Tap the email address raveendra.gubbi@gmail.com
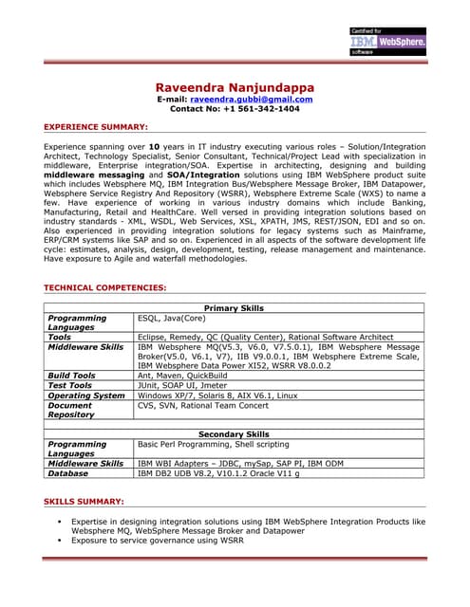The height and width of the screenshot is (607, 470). tap(252, 99)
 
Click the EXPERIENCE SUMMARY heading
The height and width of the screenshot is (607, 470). tap(96, 126)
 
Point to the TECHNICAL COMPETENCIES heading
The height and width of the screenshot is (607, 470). tap(105, 287)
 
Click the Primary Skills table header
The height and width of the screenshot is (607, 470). tap(234, 308)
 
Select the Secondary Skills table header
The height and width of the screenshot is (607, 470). tap(234, 433)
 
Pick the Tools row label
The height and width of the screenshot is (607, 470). tap(59, 337)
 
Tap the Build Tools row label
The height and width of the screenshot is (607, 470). tap(71, 376)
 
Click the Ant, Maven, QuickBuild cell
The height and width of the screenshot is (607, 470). tap(185, 376)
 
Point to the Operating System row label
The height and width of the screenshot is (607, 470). tap(85, 395)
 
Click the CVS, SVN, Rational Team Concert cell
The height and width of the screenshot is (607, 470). tap(202, 405)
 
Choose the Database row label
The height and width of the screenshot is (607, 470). tap(67, 472)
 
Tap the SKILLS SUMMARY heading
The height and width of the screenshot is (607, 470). tap(84, 500)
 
